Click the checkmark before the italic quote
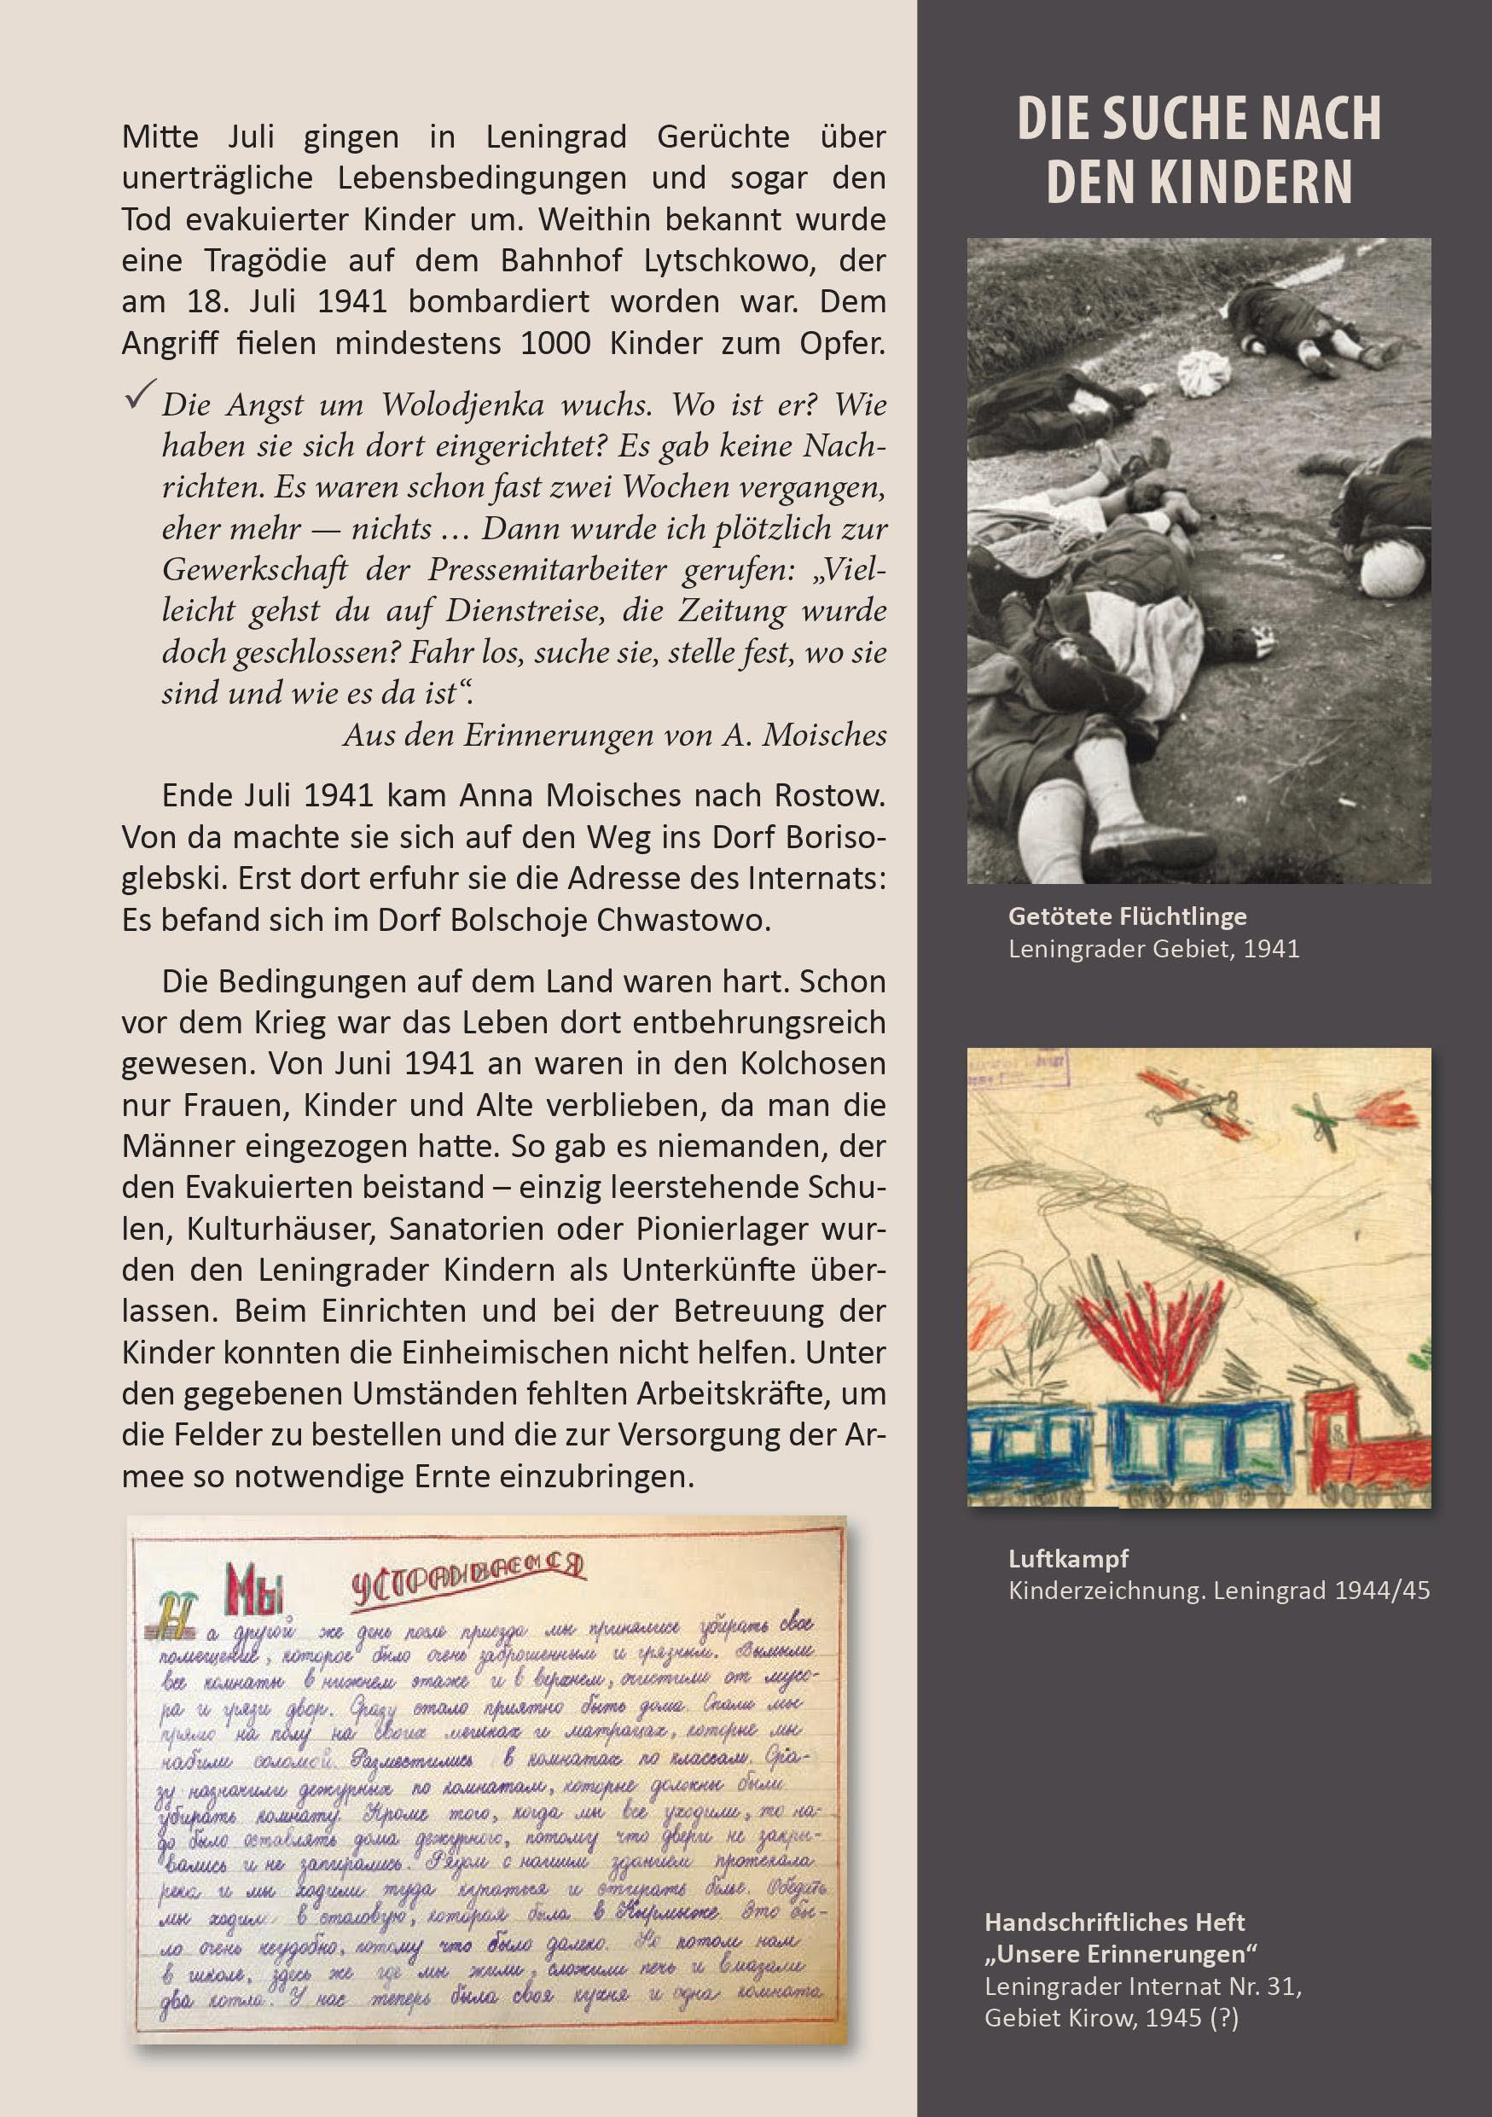coord(139,396)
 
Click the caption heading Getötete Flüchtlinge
coord(1127,916)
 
